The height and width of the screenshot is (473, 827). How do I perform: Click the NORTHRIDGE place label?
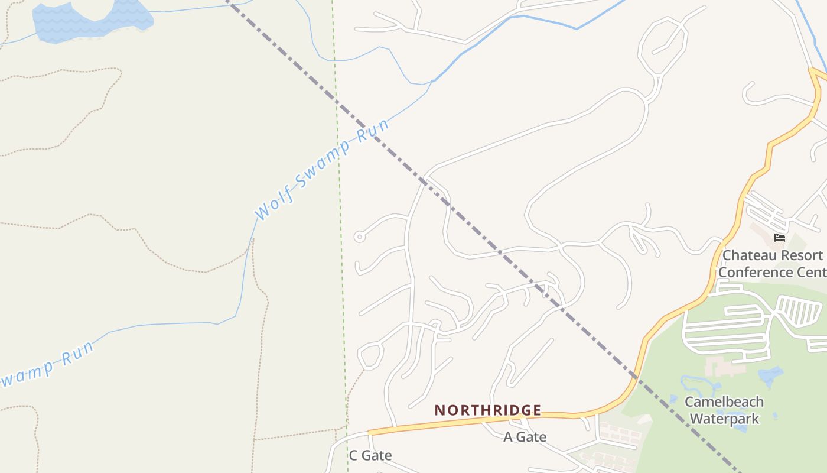tap(488, 410)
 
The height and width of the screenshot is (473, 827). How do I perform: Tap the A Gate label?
tap(525, 437)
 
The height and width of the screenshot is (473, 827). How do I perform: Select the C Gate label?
tap(370, 455)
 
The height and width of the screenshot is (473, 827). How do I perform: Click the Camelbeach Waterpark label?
tap(724, 410)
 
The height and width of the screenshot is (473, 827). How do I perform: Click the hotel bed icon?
tap(780, 238)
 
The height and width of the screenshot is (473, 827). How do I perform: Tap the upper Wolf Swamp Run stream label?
tap(323, 169)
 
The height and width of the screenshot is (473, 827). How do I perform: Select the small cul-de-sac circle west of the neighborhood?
tap(359, 237)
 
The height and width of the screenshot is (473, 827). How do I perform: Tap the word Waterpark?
tap(724, 419)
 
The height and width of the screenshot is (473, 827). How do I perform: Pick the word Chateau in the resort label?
tap(745, 255)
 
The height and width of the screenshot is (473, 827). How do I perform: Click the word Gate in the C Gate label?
tap(377, 455)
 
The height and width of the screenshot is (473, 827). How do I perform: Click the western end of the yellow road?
tap(370, 433)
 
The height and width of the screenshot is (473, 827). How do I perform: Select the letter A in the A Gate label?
tap(508, 437)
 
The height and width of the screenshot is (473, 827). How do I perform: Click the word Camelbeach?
tap(724, 402)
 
